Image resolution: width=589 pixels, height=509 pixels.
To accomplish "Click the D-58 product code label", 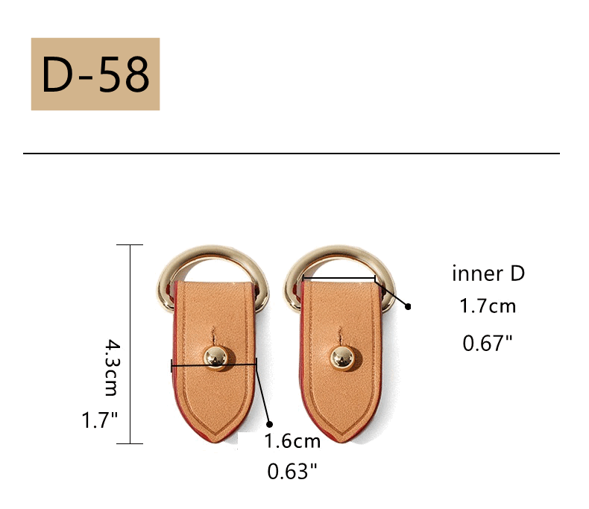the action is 95,74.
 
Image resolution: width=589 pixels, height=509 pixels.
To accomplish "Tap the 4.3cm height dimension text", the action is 112,367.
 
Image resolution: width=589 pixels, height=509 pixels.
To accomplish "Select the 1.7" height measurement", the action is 100,420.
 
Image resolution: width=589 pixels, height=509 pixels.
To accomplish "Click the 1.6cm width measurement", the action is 292,441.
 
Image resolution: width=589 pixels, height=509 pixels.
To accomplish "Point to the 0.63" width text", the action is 292,472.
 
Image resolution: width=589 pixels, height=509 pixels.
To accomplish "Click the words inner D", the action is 488,274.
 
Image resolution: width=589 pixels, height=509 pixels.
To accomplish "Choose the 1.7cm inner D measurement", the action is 488,306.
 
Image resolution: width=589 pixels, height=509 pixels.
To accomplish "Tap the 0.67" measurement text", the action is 488,343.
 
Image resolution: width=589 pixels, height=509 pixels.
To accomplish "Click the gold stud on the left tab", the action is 215,358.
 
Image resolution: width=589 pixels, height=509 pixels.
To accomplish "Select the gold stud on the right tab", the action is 341,358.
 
